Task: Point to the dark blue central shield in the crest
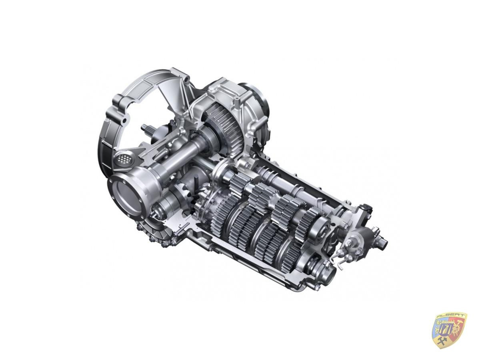pos(446,329)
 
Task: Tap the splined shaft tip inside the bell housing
pos(145,128)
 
